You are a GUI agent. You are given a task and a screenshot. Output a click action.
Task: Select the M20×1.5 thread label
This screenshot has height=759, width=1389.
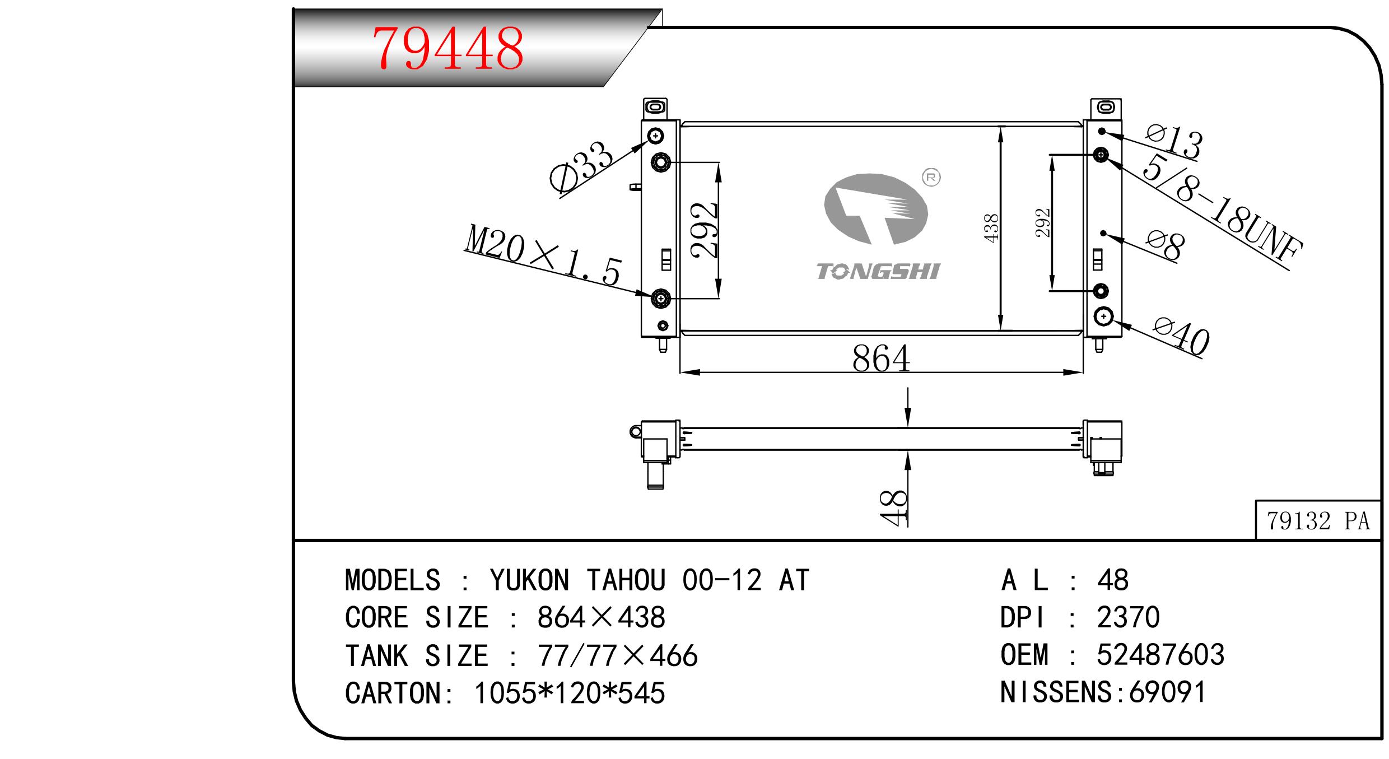[543, 255]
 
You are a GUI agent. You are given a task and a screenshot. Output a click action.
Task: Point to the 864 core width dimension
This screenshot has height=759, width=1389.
[881, 358]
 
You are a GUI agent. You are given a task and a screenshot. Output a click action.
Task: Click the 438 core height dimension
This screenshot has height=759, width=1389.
[991, 228]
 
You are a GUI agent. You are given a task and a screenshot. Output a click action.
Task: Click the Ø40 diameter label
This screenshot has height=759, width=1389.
[1182, 337]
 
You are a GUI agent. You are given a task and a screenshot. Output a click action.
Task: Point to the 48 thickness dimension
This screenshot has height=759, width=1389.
[893, 507]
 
